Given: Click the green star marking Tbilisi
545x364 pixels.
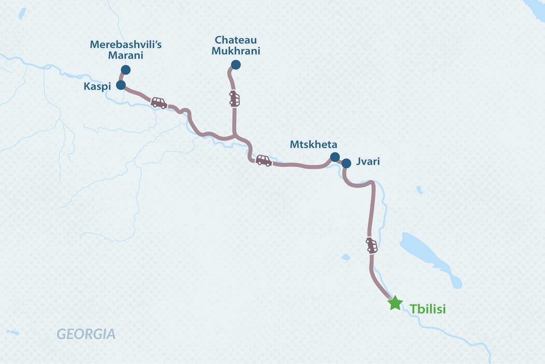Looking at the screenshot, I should [x=395, y=303].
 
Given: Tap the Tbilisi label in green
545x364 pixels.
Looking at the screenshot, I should [x=428, y=309].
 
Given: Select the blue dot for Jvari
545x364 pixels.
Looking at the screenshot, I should [x=346, y=163].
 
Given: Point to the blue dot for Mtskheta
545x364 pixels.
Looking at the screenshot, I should [x=334, y=157].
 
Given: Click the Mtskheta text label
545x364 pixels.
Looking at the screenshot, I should [x=313, y=144].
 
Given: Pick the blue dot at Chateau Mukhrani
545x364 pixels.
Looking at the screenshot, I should [x=236, y=65].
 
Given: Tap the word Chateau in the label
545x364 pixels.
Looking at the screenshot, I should [x=236, y=40].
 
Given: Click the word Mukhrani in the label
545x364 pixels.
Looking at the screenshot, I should [x=236, y=51].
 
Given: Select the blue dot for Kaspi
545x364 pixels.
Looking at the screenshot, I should [x=121, y=85].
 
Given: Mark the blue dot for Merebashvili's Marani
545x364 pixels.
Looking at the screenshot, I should [x=126, y=70].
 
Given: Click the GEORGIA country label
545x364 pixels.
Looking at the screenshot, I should [x=85, y=334].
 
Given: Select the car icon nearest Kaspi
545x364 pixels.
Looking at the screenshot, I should [x=159, y=103].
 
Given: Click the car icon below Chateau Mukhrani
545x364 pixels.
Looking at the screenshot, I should [x=234, y=99].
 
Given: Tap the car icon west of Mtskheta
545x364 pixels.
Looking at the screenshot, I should [x=263, y=160].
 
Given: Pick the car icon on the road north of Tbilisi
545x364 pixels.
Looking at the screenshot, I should [x=372, y=245].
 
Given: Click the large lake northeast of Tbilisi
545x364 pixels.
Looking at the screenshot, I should [x=427, y=255].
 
